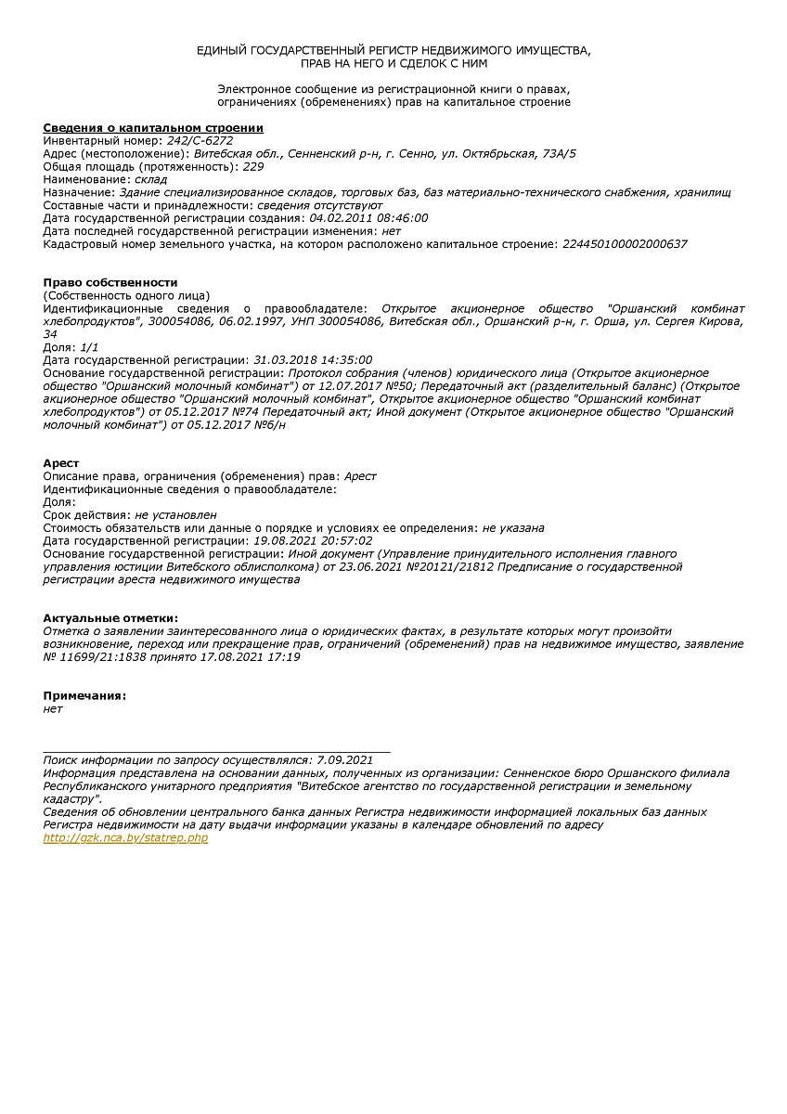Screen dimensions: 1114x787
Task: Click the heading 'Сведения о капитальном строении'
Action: (153, 127)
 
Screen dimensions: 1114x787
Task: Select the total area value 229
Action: (252, 166)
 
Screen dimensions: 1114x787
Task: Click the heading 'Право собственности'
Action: (110, 282)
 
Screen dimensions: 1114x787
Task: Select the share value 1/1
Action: (90, 346)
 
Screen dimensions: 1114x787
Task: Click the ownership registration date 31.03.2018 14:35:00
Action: (313, 359)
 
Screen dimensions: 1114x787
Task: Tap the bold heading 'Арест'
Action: (61, 462)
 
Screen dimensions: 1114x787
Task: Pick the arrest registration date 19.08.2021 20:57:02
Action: (313, 540)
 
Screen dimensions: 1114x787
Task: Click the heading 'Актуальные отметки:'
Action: (110, 617)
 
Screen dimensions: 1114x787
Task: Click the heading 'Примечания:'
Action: (84, 695)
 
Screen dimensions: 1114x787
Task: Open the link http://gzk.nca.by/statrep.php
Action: (125, 837)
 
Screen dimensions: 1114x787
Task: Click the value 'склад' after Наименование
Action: (151, 179)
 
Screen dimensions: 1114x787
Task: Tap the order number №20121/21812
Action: (442, 566)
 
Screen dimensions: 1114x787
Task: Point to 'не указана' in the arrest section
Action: (513, 527)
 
